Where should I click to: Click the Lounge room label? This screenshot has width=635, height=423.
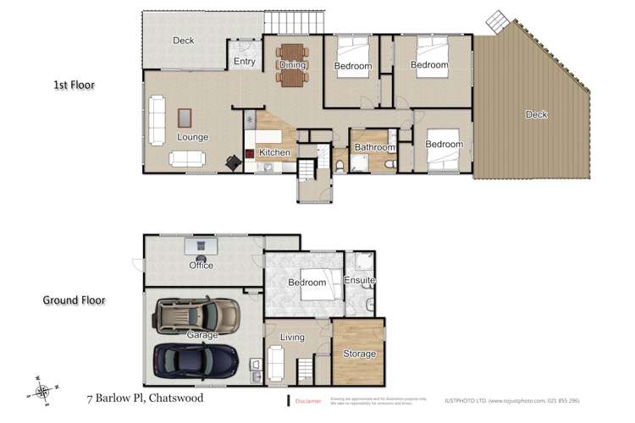click(192, 137)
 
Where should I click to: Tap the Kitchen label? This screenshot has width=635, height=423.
click(275, 152)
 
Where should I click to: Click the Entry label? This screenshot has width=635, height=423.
click(244, 62)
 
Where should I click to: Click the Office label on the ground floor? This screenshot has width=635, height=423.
click(201, 265)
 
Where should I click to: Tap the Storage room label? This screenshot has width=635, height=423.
click(359, 354)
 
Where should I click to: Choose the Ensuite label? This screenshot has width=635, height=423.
click(359, 280)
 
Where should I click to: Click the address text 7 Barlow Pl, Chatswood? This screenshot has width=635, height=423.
click(144, 396)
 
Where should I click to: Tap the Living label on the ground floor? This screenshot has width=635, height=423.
click(292, 338)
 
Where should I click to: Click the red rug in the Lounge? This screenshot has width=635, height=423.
click(185, 118)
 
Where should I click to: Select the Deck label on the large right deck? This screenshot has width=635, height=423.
click(535, 115)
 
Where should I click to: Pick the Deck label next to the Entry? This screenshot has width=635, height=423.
click(184, 40)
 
